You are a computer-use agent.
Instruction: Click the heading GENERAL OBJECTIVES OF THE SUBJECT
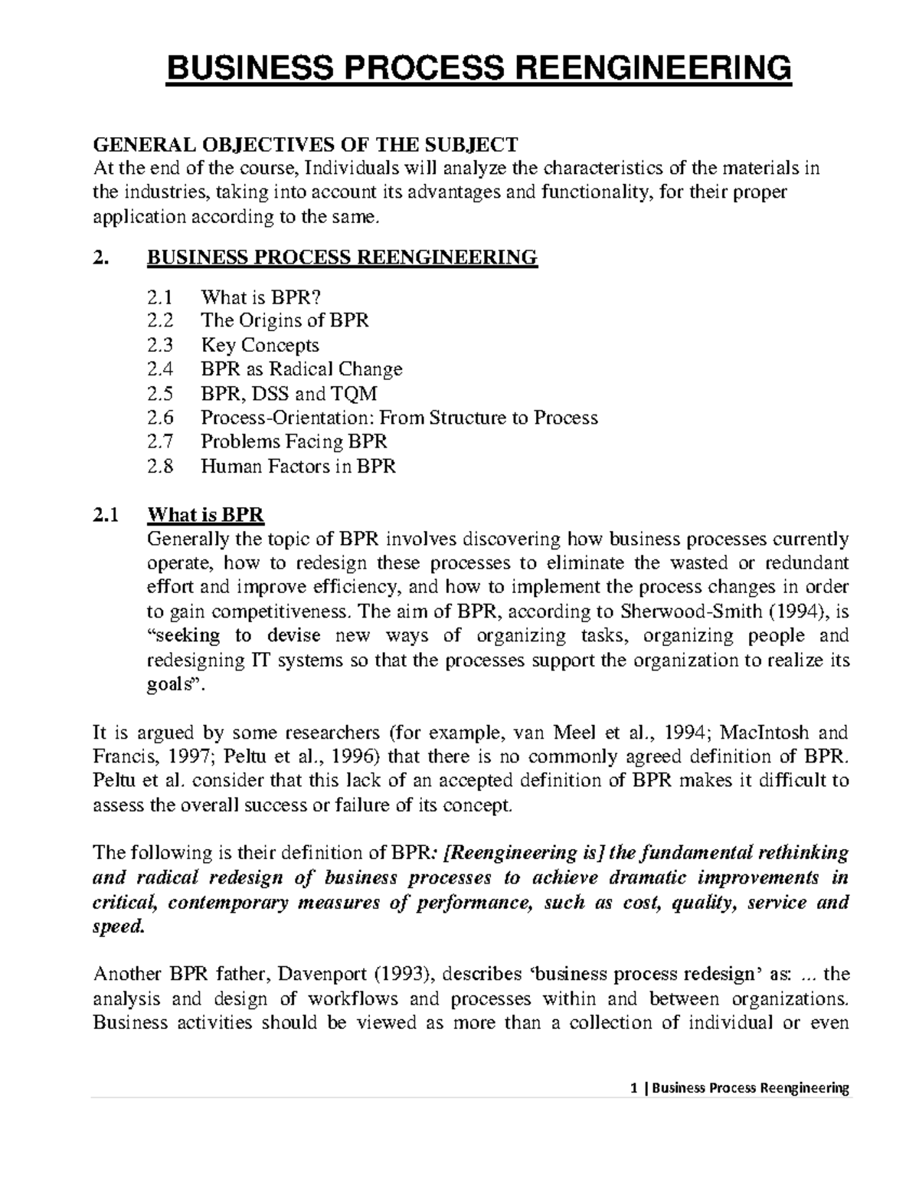coord(305,144)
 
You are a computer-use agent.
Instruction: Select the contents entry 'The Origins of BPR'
coord(284,320)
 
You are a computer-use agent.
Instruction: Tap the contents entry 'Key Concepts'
coord(260,345)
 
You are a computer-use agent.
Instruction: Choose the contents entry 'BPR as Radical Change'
coord(301,369)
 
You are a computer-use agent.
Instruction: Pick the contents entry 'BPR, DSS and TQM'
coord(289,394)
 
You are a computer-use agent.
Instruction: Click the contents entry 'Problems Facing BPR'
coord(293,442)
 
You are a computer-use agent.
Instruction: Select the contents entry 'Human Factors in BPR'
coord(298,466)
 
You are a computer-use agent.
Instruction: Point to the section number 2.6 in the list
coord(160,418)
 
